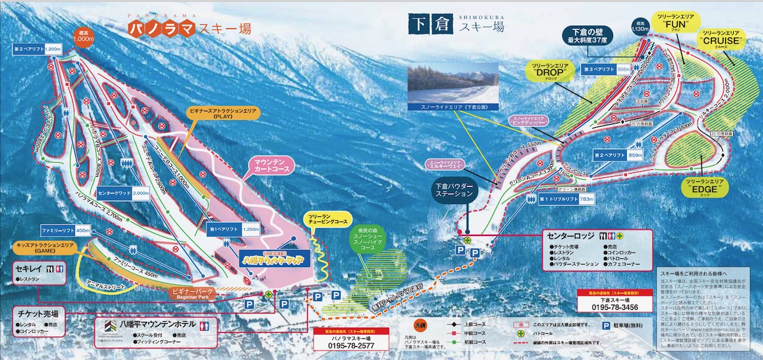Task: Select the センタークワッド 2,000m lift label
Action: tap(123, 192)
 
